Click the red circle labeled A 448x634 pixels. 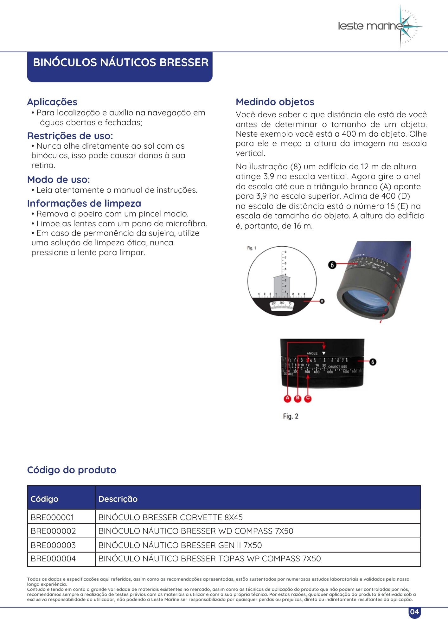(x=287, y=398)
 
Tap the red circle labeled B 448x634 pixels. (x=298, y=398)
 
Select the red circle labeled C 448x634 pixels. (x=308, y=398)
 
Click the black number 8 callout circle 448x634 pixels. (x=322, y=301)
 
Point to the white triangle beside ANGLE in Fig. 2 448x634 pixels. (x=323, y=353)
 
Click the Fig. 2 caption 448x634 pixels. (x=291, y=416)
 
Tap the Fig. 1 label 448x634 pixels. (x=252, y=248)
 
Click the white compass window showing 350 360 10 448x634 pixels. (x=282, y=306)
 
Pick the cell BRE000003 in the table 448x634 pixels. (x=53, y=545)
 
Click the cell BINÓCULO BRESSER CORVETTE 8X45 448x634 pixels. (x=170, y=517)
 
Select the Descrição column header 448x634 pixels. (x=118, y=499)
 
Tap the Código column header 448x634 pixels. (x=44, y=499)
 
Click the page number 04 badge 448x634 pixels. (x=414, y=612)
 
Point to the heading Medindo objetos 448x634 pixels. (x=275, y=102)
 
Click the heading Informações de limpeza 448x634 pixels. (x=84, y=204)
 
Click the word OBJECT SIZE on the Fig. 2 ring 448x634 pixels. (x=337, y=367)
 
